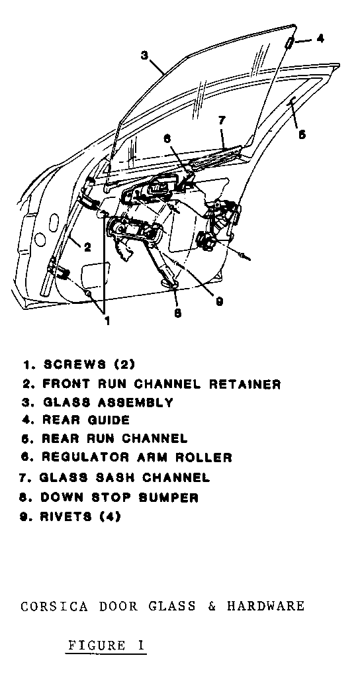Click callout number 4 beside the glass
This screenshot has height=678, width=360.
(x=320, y=38)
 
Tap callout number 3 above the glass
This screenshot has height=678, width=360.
(x=144, y=56)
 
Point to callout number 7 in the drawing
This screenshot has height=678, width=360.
(x=222, y=121)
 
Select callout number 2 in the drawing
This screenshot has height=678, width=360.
(x=87, y=248)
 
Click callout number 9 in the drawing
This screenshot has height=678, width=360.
(x=220, y=301)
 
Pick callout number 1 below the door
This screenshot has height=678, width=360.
(x=107, y=320)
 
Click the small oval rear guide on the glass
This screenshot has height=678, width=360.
(x=290, y=42)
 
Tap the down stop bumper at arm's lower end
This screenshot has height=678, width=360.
(x=170, y=283)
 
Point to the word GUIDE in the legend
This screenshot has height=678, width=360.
(x=109, y=420)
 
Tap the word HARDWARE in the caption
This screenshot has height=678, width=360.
(x=266, y=606)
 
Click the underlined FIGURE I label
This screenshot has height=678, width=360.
(x=106, y=646)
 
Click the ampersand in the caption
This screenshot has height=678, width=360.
(x=212, y=606)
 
